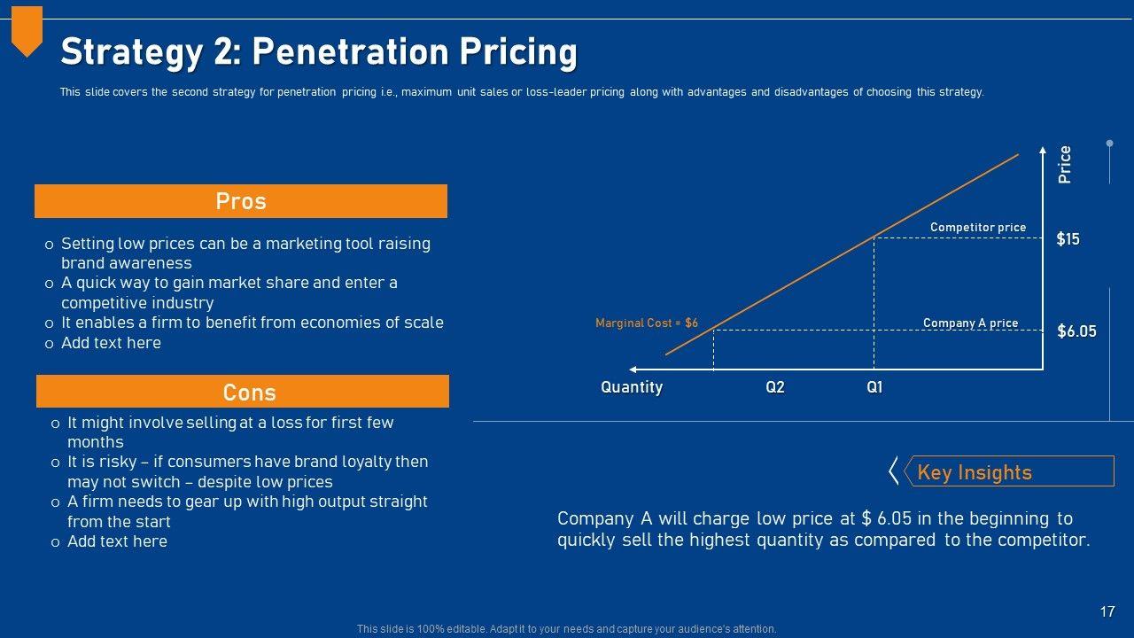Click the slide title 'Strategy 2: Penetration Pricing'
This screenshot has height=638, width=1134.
tap(319, 52)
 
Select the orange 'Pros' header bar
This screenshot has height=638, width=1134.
tap(241, 201)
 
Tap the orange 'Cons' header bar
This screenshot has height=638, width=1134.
tap(242, 392)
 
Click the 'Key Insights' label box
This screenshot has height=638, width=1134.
tap(1008, 471)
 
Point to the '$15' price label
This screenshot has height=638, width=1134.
tap(1068, 239)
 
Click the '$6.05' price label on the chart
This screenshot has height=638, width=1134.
tap(1076, 331)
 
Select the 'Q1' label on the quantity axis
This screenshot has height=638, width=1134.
tap(874, 387)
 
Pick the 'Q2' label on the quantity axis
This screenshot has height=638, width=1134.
tap(775, 387)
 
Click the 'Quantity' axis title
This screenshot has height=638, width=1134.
tap(632, 387)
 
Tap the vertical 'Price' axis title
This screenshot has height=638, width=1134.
tap(1065, 165)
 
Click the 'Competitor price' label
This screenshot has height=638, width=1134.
tap(978, 228)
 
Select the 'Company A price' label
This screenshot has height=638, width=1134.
tap(970, 323)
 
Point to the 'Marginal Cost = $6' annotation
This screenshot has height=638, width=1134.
tap(647, 323)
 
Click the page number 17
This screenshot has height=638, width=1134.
tap(1107, 611)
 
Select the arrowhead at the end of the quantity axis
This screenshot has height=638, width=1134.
tap(633, 369)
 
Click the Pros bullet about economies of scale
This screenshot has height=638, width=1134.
tap(252, 323)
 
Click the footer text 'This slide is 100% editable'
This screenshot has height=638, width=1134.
tap(567, 629)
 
